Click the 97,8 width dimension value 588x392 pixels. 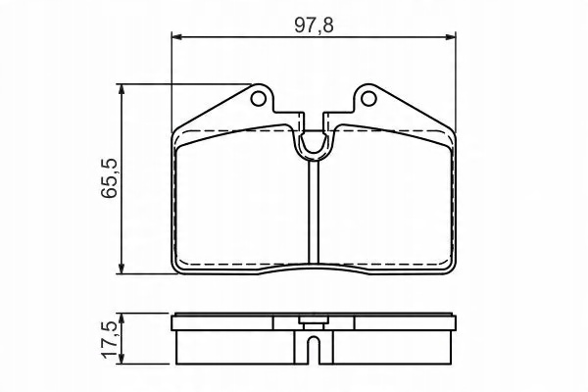(x=314, y=25)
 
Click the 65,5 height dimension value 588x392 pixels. (x=109, y=178)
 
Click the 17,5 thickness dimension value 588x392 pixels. (x=109, y=340)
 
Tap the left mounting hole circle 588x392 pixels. (x=258, y=98)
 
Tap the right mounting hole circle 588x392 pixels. (x=368, y=98)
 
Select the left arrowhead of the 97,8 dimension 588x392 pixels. (x=176, y=37)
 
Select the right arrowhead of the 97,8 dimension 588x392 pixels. (x=451, y=37)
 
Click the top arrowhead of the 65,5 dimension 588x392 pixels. (x=122, y=89)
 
